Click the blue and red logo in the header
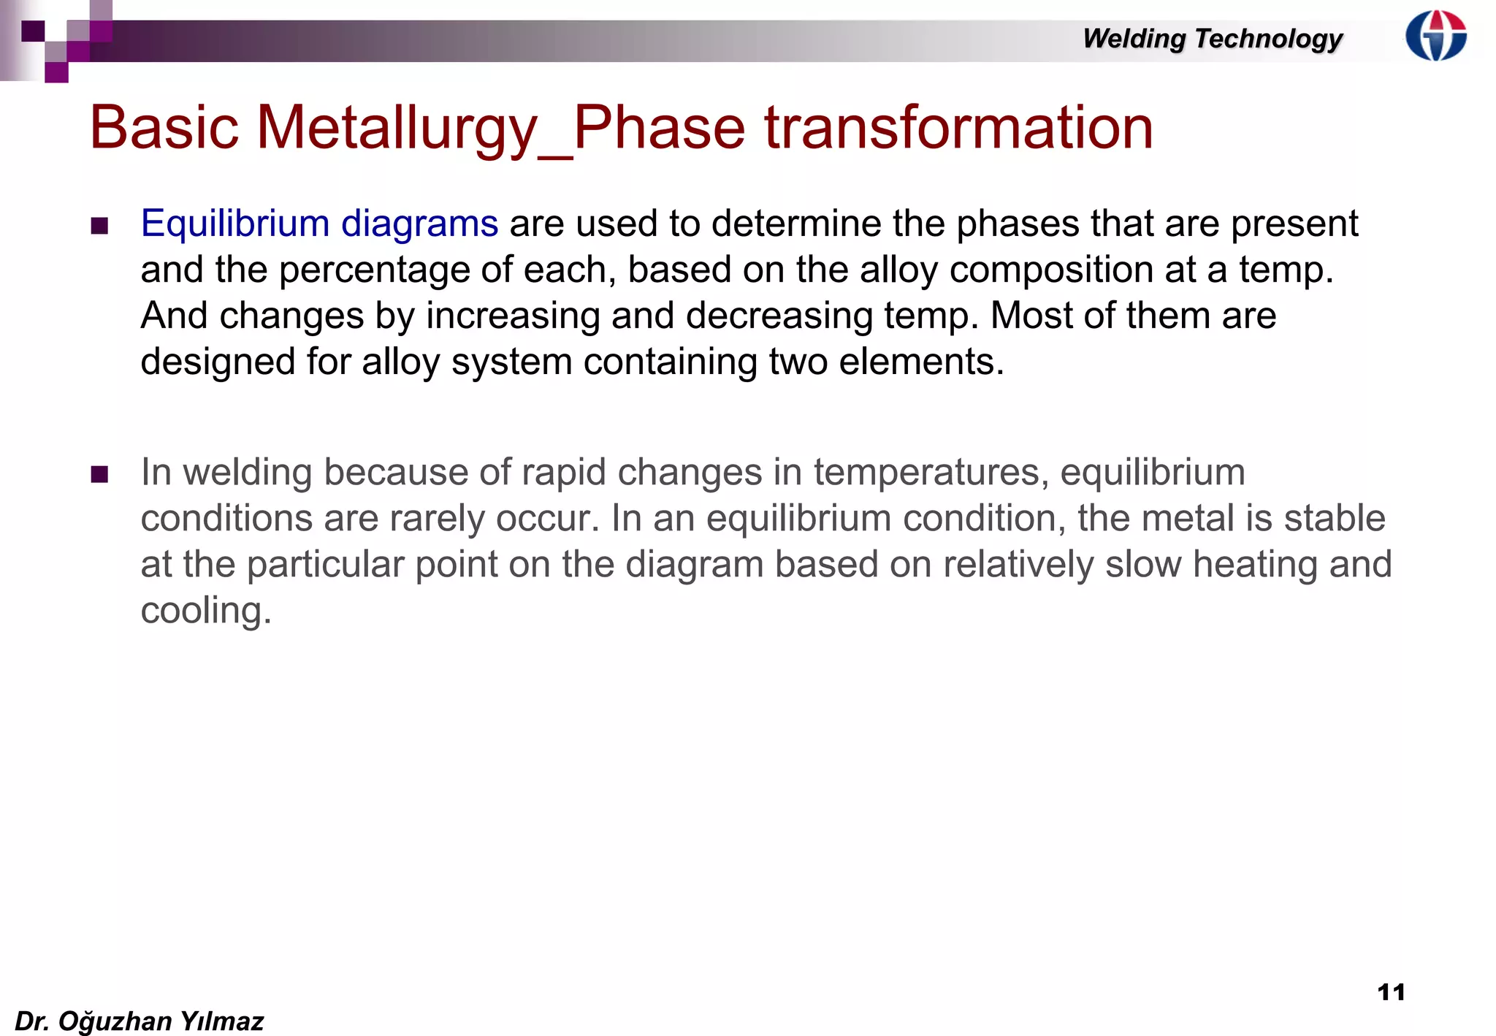click(x=1435, y=35)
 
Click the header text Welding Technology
click(x=1213, y=38)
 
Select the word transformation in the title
click(x=958, y=128)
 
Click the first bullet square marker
click(x=100, y=225)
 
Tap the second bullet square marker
click(x=100, y=474)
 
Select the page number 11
click(x=1391, y=991)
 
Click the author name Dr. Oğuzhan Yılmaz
click(x=139, y=1021)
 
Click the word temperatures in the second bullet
click(x=931, y=473)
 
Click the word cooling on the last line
click(x=205, y=610)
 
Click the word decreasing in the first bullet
click(x=779, y=316)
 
